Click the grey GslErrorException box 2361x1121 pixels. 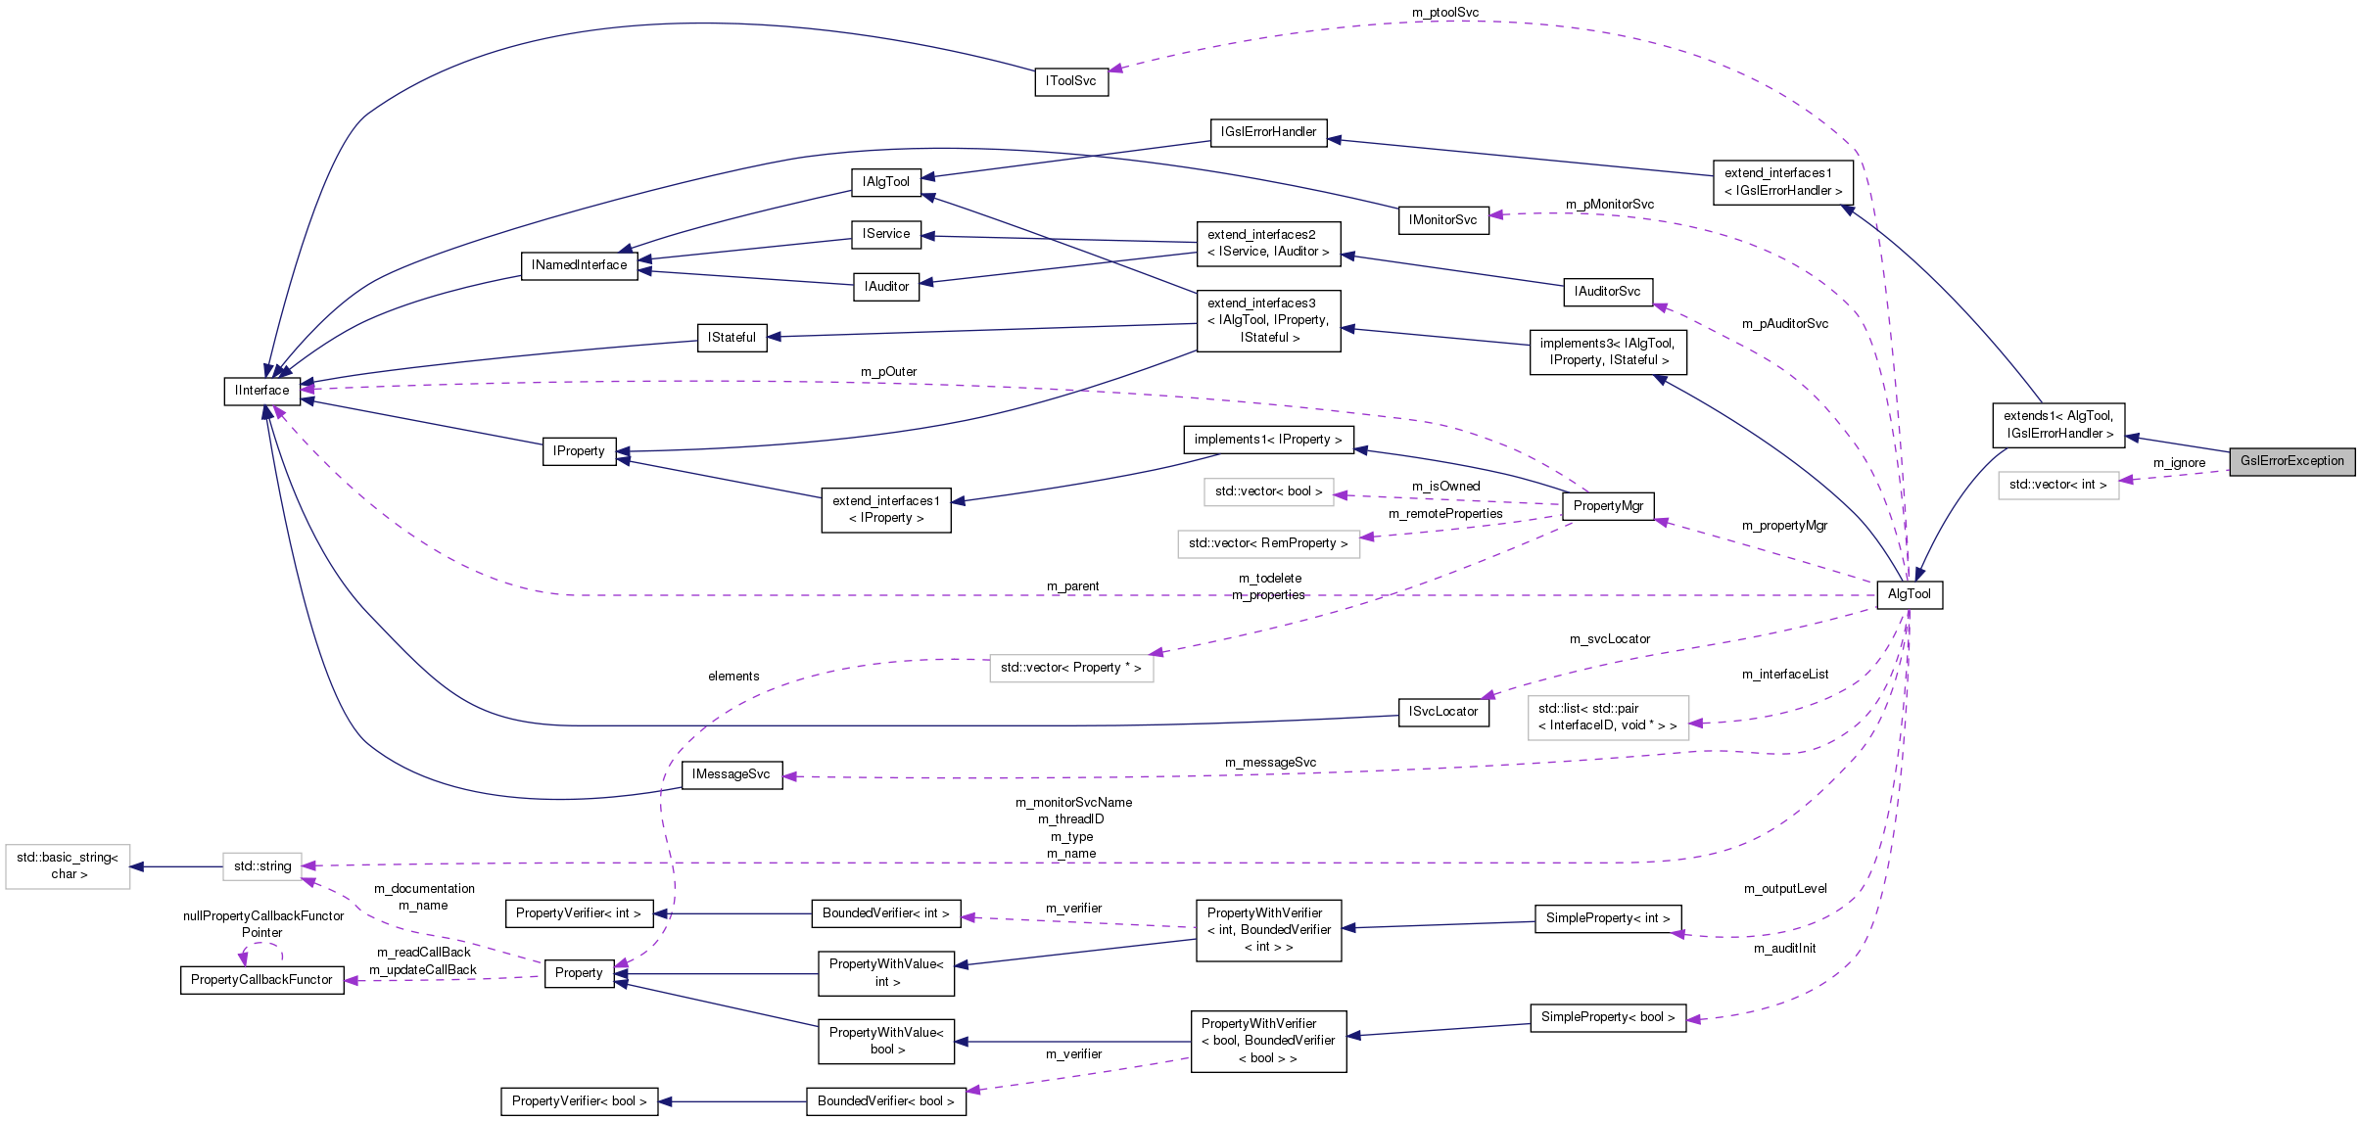pyautogui.click(x=2291, y=461)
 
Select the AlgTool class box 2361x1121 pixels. pyautogui.click(x=1909, y=594)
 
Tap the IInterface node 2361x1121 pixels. pyautogui.click(x=261, y=391)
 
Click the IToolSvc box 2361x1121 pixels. pyautogui.click(x=1070, y=81)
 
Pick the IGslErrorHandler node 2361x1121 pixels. pyautogui.click(x=1268, y=132)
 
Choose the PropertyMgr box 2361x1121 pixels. pyautogui.click(x=1608, y=506)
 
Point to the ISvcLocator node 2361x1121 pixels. pyautogui.click(x=1442, y=712)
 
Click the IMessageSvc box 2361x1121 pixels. pyautogui.click(x=731, y=774)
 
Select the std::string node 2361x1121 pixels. pyautogui.click(x=261, y=866)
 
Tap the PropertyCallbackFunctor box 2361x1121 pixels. pyautogui.click(x=261, y=980)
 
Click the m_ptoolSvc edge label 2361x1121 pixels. pyautogui.click(x=1444, y=12)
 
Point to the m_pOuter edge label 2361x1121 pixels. pyautogui.click(x=888, y=372)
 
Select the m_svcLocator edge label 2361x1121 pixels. pyautogui.click(x=1609, y=639)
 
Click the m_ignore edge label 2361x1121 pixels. pyautogui.click(x=2179, y=463)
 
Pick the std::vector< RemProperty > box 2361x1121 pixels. pyautogui.click(x=1268, y=543)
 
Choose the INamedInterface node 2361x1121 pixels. pyautogui.click(x=579, y=265)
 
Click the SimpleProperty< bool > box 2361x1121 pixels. pyautogui.click(x=1607, y=1017)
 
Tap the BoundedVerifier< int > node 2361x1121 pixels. pyautogui.click(x=885, y=913)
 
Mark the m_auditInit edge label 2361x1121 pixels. pyautogui.click(x=1784, y=949)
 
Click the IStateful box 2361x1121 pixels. pyautogui.click(x=732, y=338)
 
